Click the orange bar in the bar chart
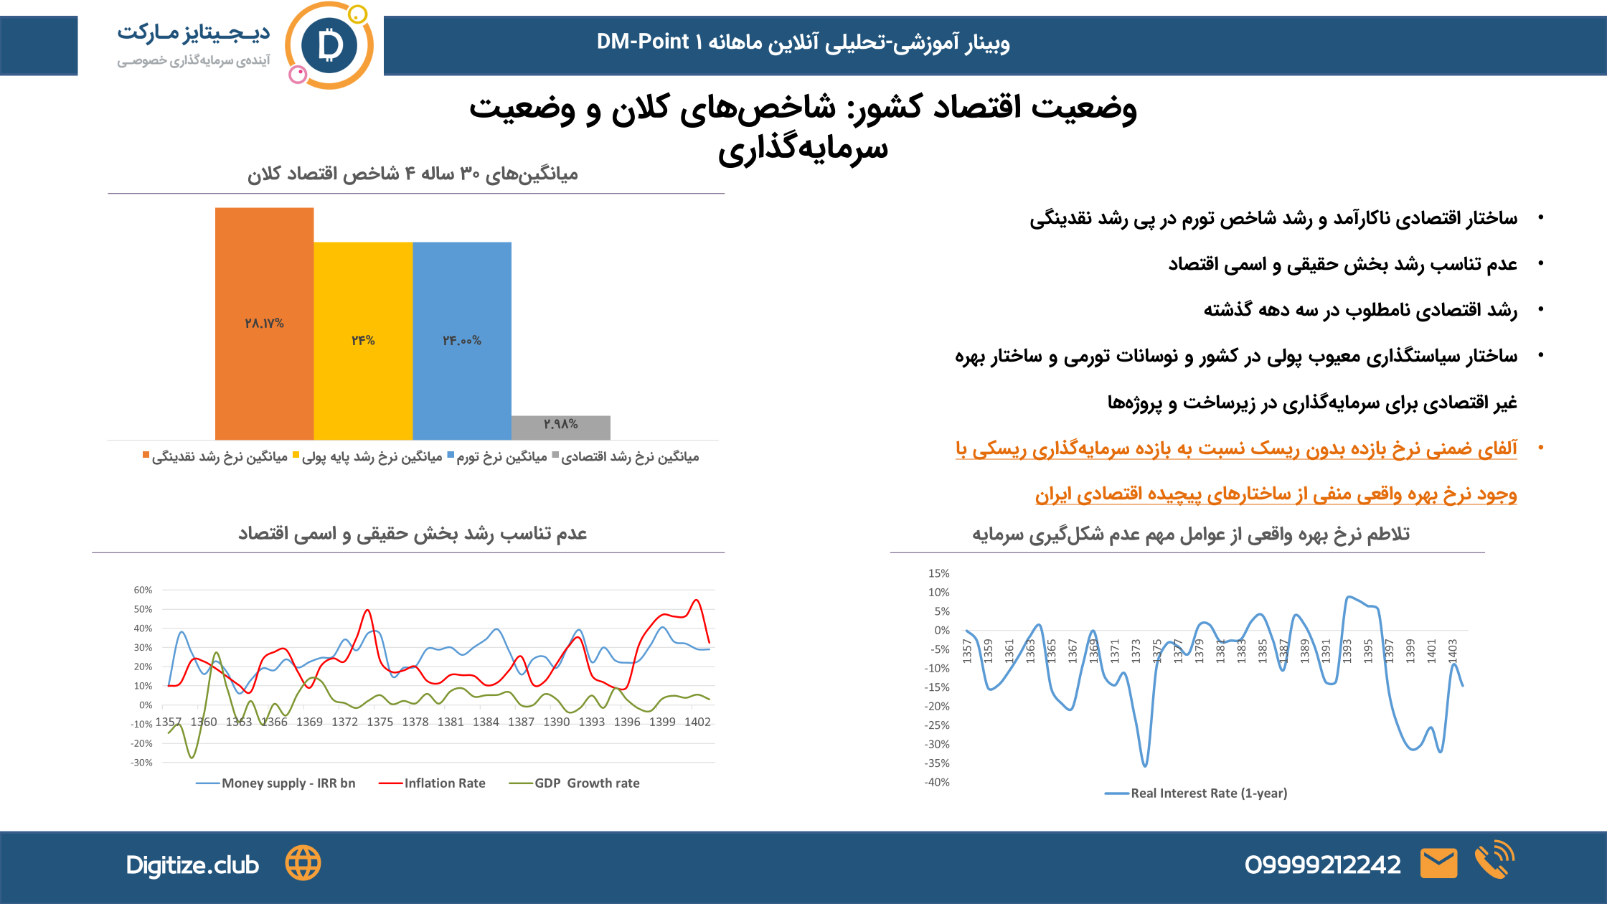pyautogui.click(x=264, y=323)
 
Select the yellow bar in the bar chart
pyautogui.click(x=363, y=340)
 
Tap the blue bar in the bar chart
pyautogui.click(x=462, y=340)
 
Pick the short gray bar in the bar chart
pyautogui.click(x=561, y=427)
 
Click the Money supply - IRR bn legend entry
pyautogui.click(x=276, y=783)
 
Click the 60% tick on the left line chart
pyautogui.click(x=143, y=590)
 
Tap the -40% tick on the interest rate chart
pyautogui.click(x=937, y=782)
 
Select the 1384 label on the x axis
pyautogui.click(x=486, y=722)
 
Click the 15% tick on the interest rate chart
pyautogui.click(x=938, y=573)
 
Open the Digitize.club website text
pyautogui.click(x=192, y=865)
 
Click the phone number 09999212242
pyautogui.click(x=1322, y=865)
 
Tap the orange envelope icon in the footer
pyautogui.click(x=1438, y=863)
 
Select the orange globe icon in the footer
pyautogui.click(x=303, y=863)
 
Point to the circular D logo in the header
pyautogui.click(x=329, y=46)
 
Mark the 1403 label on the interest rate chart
pyautogui.click(x=1452, y=651)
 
